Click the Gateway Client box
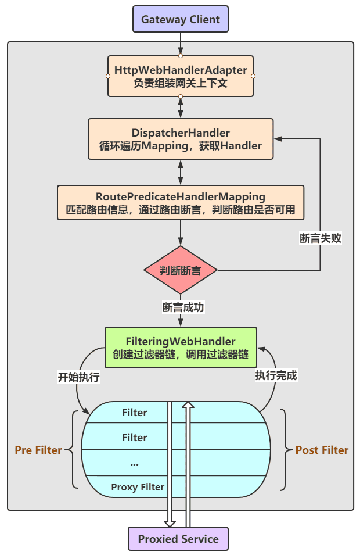coord(181,19)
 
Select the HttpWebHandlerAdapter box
coord(181,76)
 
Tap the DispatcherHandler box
coord(181,139)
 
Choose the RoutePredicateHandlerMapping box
coord(181,202)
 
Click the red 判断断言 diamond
coord(181,270)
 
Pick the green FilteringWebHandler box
coord(181,347)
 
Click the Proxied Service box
coord(178,539)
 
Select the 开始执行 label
coord(79,377)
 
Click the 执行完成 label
coord(276,375)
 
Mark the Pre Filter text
coord(38,450)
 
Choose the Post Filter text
coord(322,450)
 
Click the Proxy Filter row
coord(138,487)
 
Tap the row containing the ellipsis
coord(135,463)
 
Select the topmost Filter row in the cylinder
coord(135,413)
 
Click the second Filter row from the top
coord(135,438)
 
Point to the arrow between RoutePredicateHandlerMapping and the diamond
coord(181,232)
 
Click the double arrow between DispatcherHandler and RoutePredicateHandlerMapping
coord(181,172)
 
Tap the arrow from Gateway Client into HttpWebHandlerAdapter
coord(181,43)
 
